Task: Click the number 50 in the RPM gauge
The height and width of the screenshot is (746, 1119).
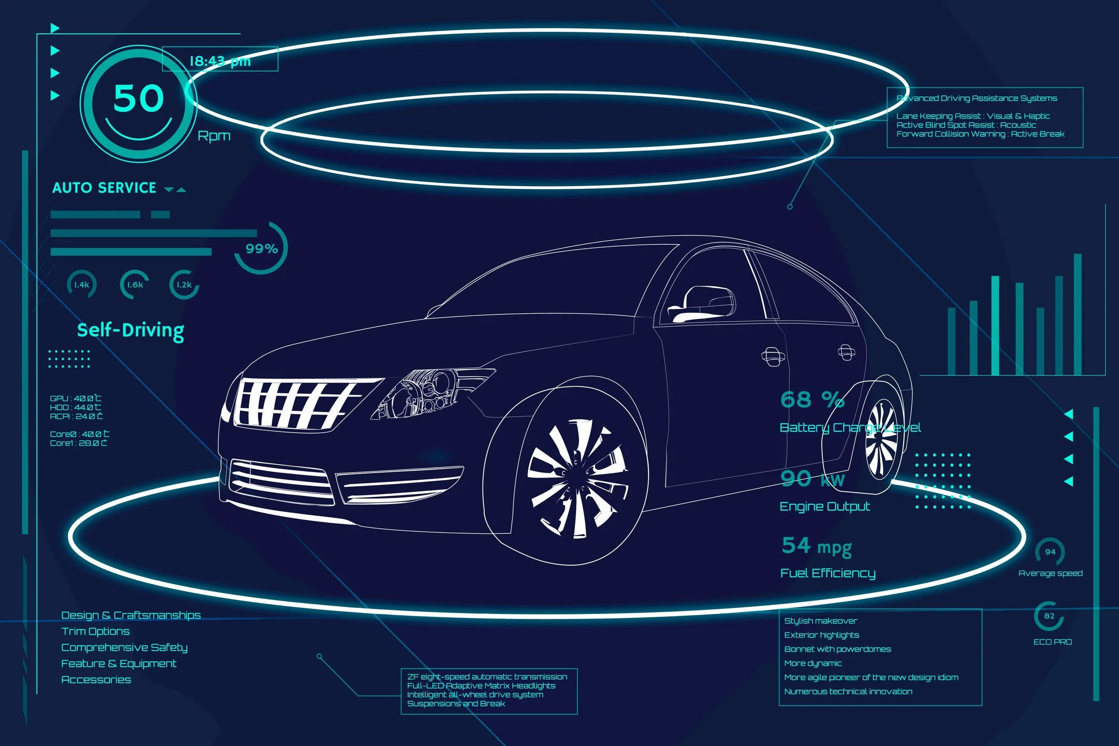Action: (x=138, y=98)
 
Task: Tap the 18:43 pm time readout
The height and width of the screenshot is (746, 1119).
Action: (x=220, y=61)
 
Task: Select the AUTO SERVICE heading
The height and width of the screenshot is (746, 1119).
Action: (x=104, y=188)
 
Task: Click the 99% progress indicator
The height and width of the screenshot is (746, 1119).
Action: (x=261, y=248)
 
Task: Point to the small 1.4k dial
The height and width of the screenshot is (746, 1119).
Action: (x=81, y=285)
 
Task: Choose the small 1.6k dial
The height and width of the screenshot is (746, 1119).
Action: (x=135, y=285)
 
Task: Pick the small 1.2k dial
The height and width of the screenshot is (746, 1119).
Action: (x=184, y=285)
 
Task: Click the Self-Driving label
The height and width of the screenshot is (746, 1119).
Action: (x=130, y=331)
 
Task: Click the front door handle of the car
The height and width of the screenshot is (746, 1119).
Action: (x=773, y=356)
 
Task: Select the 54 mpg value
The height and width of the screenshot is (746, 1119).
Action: (x=816, y=546)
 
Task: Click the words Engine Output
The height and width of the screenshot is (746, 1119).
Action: (x=824, y=507)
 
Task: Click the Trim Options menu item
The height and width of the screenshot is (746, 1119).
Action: (x=95, y=631)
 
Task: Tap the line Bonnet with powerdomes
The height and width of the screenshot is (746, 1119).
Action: (x=837, y=649)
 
